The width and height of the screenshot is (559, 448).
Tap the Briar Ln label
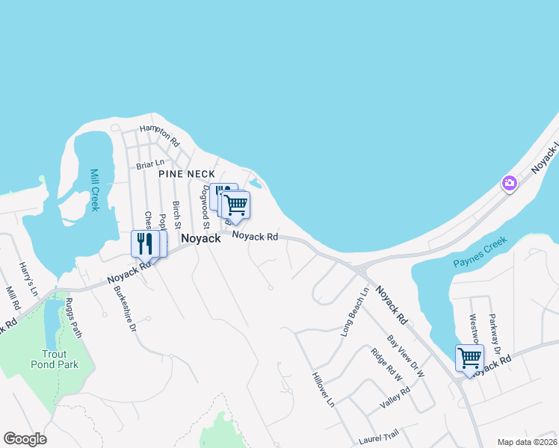(x=149, y=164)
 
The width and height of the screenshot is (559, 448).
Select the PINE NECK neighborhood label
(x=187, y=174)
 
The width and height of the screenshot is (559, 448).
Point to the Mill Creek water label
(x=94, y=190)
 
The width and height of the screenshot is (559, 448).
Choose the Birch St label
(x=177, y=214)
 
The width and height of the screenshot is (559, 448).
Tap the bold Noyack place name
(x=201, y=238)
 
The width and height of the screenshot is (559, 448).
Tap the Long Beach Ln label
(x=355, y=312)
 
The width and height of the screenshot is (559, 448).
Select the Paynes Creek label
(x=480, y=253)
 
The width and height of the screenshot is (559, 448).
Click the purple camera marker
(x=510, y=183)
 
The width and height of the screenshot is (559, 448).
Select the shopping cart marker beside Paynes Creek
(x=469, y=358)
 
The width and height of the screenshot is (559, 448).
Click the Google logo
(x=25, y=439)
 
